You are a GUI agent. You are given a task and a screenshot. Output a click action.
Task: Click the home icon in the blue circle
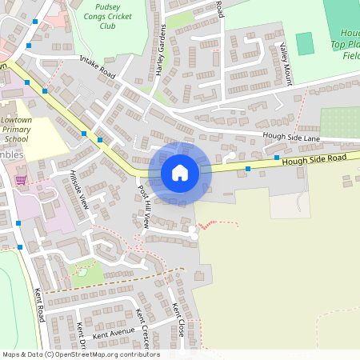tap(180, 173)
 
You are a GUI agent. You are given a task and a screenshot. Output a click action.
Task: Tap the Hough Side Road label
tap(314, 161)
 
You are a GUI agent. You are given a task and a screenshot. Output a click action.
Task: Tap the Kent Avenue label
tap(113, 333)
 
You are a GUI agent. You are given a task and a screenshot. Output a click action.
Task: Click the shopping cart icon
tap(21, 180)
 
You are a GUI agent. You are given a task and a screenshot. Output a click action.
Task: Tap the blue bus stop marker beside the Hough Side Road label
tap(248, 169)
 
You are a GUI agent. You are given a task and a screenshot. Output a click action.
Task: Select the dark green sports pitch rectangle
tap(305, 43)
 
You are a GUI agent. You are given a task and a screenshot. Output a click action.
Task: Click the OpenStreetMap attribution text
tap(80, 354)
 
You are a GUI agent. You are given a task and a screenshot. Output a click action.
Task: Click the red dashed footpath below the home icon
tap(216, 223)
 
